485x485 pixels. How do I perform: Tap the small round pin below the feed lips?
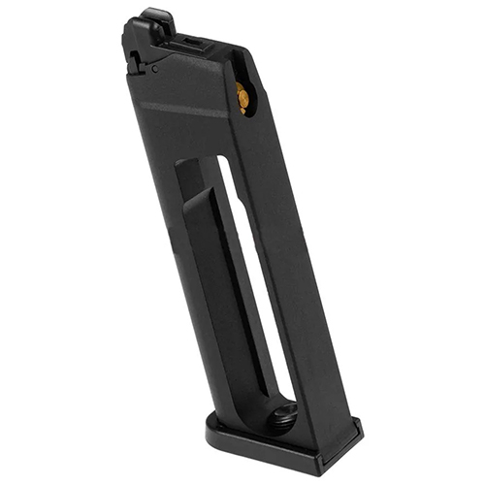tap(156, 70)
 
